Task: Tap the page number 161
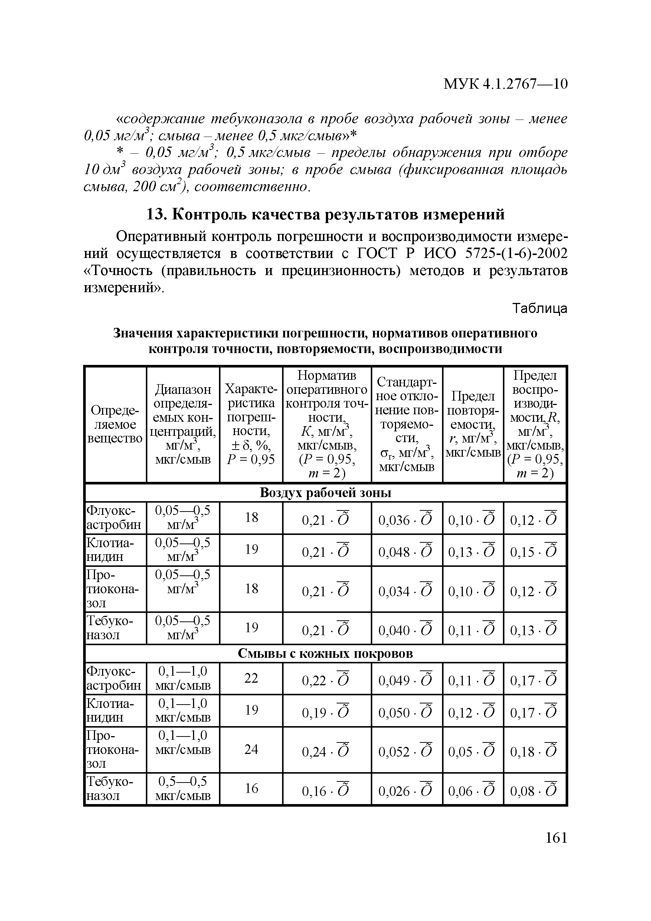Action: [556, 837]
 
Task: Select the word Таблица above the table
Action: [540, 308]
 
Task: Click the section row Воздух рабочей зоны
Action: [325, 492]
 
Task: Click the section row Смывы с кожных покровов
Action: [325, 653]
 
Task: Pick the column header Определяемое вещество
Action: [115, 424]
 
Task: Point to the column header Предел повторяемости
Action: [473, 424]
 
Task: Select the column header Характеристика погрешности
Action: [251, 424]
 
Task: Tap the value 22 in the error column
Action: [251, 678]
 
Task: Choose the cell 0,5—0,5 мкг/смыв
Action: [183, 788]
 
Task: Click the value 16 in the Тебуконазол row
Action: [251, 788]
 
